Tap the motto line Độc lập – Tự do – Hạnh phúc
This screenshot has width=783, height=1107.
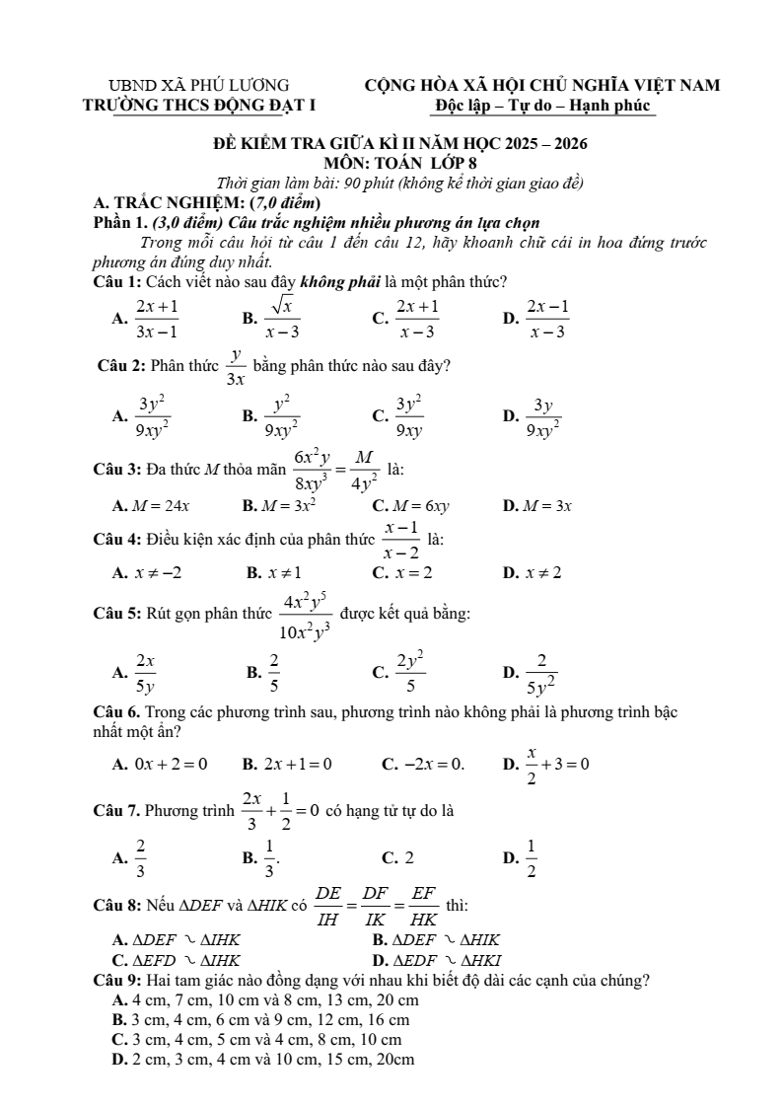pyautogui.click(x=542, y=105)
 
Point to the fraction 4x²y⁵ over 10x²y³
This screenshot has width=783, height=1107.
pyautogui.click(x=306, y=615)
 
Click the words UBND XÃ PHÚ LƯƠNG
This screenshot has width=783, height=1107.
pyautogui.click(x=199, y=86)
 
